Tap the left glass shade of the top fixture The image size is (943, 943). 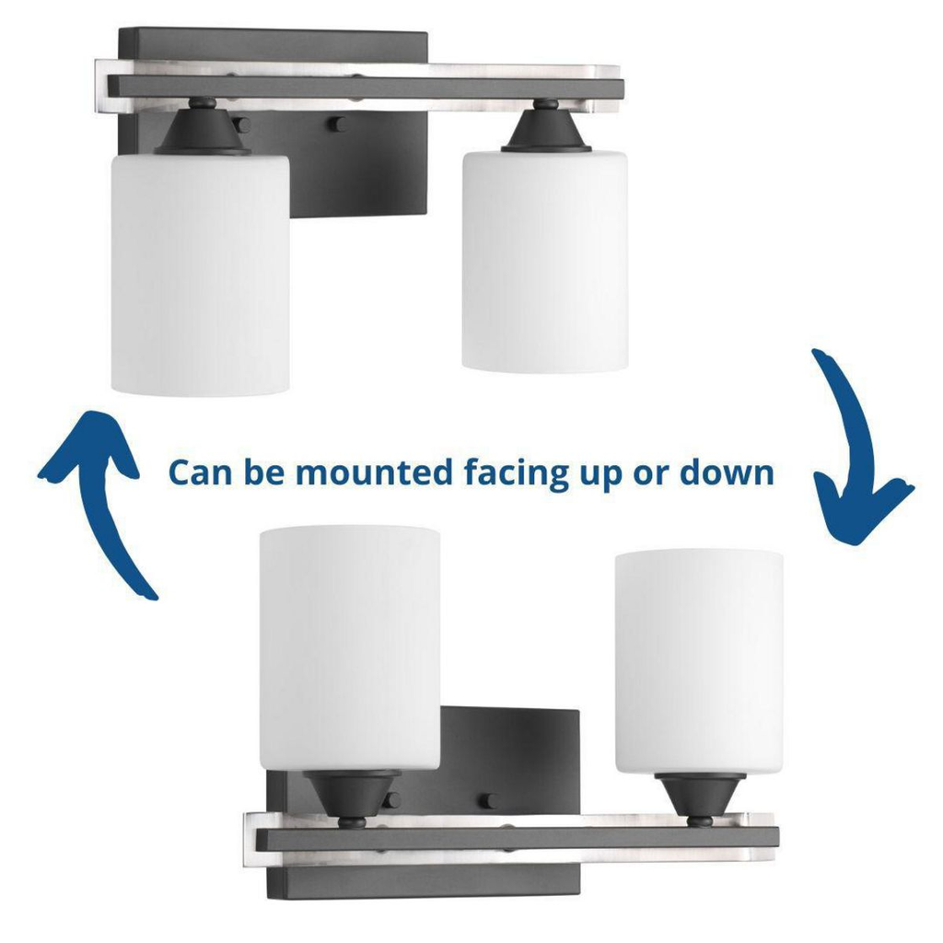tap(200, 274)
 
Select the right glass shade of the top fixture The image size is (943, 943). tap(545, 261)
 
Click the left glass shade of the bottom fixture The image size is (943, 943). tap(349, 648)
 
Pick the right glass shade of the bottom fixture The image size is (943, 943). tap(699, 663)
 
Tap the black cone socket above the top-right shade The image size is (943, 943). tap(545, 125)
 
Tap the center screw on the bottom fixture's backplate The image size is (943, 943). tap(488, 801)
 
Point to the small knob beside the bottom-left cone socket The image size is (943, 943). tap(391, 800)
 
